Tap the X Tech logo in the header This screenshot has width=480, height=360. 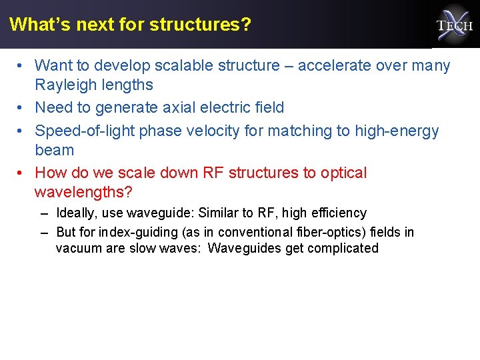point(454,25)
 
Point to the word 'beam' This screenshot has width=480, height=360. point(54,150)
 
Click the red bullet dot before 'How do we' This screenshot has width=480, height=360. point(22,173)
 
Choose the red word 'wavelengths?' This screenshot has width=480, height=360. point(83,192)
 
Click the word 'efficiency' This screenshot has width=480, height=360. point(334,213)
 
